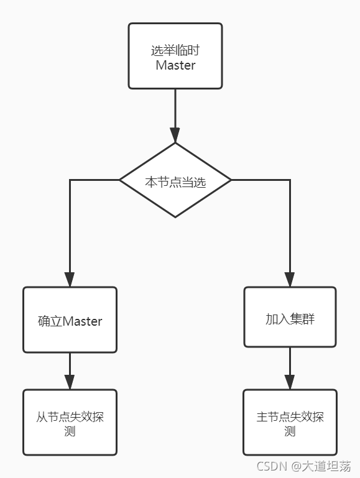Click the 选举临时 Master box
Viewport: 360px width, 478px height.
[175, 56]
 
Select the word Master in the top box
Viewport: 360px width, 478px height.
[175, 65]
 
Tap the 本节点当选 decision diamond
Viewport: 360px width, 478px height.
[175, 181]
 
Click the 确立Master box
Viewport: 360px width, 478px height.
[70, 319]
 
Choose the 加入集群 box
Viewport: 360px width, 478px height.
[290, 317]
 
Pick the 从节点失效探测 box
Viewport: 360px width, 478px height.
[70, 423]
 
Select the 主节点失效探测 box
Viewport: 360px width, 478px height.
[290, 423]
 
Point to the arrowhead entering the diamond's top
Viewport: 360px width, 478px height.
[175, 136]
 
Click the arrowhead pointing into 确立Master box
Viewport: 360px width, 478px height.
[70, 279]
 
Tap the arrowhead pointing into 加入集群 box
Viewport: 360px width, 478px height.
[290, 279]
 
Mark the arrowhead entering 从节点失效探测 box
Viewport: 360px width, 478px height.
[70, 382]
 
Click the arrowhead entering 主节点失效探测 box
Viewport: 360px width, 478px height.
[290, 382]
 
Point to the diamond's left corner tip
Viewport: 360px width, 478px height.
[120, 180]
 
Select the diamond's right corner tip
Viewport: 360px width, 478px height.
[231, 180]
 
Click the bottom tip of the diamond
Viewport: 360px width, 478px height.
[175, 217]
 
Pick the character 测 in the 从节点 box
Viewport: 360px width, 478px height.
[70, 431]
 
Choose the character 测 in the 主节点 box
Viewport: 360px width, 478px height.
[290, 431]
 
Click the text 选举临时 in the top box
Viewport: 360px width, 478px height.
[175, 50]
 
